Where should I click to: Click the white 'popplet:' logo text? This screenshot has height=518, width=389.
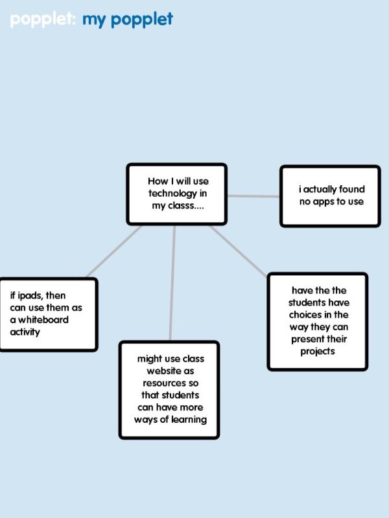point(43,19)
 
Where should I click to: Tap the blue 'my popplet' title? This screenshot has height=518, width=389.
point(127,20)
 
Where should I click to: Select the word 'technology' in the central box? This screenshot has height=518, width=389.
point(172,194)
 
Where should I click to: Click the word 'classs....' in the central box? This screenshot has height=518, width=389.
point(186,205)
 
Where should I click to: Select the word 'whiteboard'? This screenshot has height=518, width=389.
point(43,320)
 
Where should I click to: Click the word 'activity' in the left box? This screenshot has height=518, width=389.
point(25,332)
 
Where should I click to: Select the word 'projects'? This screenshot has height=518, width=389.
point(318,352)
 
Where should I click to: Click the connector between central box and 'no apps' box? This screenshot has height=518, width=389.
point(253,196)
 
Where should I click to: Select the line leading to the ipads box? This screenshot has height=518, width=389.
point(114,251)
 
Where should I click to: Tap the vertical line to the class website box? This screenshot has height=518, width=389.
point(172,283)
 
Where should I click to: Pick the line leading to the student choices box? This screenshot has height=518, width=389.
point(238,251)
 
